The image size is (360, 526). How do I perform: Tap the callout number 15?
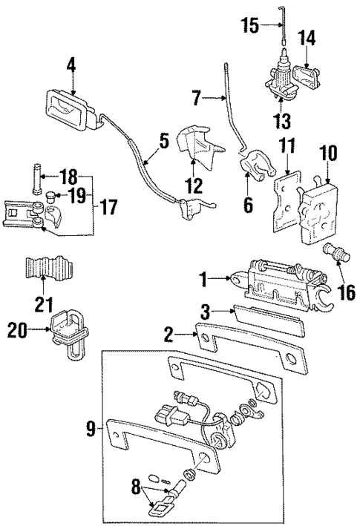tap(251, 26)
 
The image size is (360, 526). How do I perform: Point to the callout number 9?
tap(89, 429)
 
